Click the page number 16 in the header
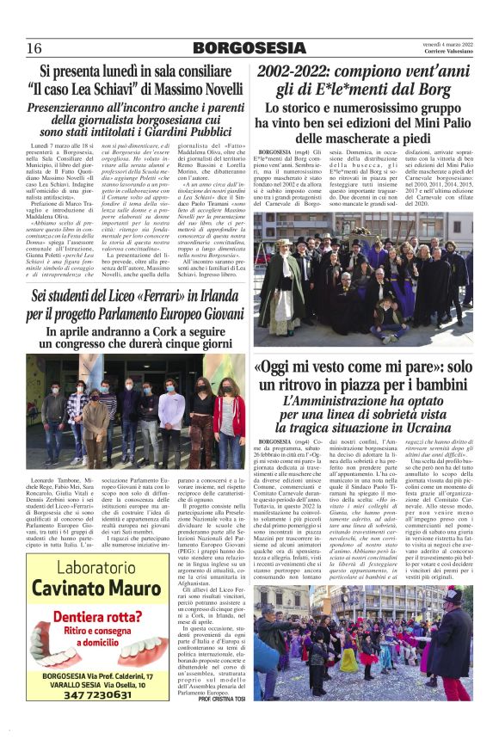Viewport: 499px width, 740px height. click(x=34, y=47)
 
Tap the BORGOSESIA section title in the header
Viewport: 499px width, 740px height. click(x=248, y=47)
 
